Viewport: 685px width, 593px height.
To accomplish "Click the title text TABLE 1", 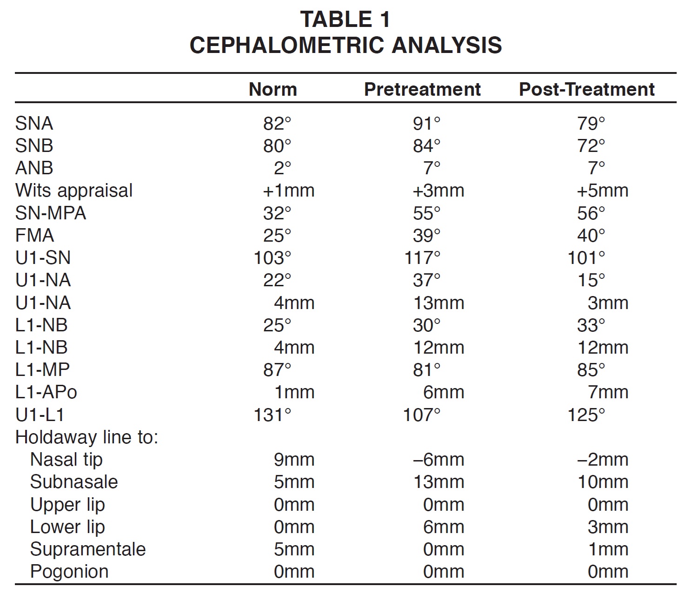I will [x=345, y=20].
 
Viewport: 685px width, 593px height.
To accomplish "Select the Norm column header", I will [x=273, y=89].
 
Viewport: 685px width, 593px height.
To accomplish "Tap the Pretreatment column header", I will [x=422, y=89].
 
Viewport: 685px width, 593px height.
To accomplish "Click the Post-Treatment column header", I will [x=586, y=89].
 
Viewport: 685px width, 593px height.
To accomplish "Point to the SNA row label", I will [x=34, y=124].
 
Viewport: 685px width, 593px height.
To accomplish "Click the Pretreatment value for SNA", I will [x=426, y=124].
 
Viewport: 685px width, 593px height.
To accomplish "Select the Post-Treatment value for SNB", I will [x=591, y=146].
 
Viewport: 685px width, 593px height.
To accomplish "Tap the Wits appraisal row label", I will [x=74, y=191].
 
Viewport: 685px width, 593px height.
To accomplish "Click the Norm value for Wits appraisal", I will [x=288, y=191].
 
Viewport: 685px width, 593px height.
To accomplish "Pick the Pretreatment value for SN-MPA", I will [x=426, y=213].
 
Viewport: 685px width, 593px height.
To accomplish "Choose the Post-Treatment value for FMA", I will [x=591, y=236].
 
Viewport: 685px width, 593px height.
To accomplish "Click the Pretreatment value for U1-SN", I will [x=422, y=258].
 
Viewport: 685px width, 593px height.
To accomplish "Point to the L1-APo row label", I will [x=46, y=392].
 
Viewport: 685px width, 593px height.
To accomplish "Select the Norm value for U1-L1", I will [x=273, y=415].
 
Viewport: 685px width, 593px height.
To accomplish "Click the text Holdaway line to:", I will [x=87, y=437].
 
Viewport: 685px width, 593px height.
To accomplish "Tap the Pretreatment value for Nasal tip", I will [x=438, y=460].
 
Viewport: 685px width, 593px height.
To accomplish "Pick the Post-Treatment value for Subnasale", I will [x=603, y=482].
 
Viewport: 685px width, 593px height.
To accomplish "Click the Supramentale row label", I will [x=88, y=549].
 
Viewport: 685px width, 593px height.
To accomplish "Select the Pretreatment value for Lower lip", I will [x=443, y=527].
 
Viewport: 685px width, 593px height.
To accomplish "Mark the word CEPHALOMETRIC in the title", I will [x=287, y=45].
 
